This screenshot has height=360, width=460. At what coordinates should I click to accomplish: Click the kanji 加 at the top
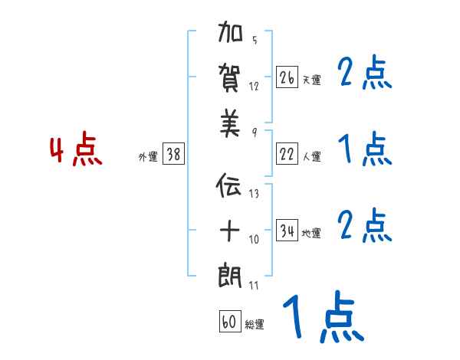click(231, 35)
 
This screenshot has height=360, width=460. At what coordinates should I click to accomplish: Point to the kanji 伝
click(231, 186)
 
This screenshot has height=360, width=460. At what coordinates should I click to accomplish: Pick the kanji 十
click(231, 229)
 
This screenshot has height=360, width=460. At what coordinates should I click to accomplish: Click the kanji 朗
click(231, 275)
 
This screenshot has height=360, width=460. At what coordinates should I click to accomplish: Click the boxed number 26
click(287, 77)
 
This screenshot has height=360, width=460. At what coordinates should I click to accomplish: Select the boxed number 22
click(287, 155)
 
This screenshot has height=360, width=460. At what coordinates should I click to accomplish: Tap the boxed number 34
click(287, 231)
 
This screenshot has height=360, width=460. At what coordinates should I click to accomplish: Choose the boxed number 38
click(173, 155)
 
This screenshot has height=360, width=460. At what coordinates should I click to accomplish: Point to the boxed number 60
click(229, 322)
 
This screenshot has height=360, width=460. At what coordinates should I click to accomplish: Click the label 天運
click(311, 80)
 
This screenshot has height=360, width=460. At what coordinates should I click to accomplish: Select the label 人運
click(311, 157)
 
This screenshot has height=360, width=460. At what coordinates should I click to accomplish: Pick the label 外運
click(147, 157)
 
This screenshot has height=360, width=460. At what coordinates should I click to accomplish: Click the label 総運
click(254, 325)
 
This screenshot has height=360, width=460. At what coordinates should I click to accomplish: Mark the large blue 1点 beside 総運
click(323, 318)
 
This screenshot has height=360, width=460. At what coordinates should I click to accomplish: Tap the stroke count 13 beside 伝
click(254, 194)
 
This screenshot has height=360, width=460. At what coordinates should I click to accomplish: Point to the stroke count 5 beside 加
click(255, 41)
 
